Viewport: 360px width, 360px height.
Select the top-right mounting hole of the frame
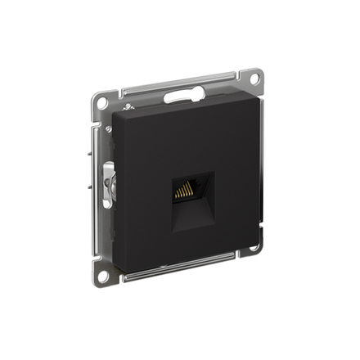tap(254, 79)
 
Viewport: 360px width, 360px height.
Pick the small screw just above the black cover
tap(128, 106)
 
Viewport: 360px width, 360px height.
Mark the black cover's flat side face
tap(119, 188)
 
